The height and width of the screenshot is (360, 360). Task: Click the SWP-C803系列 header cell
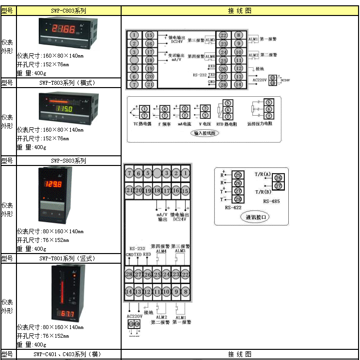point(68,10)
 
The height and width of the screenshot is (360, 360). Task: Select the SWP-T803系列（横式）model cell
point(68,83)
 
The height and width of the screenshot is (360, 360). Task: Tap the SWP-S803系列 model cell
point(68,161)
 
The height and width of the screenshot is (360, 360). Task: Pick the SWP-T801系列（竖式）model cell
point(68,258)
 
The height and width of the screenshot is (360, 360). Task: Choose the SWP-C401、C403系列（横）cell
point(68,354)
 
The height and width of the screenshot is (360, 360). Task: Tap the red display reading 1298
point(53,184)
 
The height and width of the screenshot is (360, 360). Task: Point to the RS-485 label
point(271,200)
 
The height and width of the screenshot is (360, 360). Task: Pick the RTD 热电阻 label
point(227,124)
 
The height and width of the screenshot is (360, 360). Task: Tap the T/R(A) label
point(263,174)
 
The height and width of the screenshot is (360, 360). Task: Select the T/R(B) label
point(263,192)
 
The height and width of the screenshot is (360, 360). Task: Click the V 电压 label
point(203,124)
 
